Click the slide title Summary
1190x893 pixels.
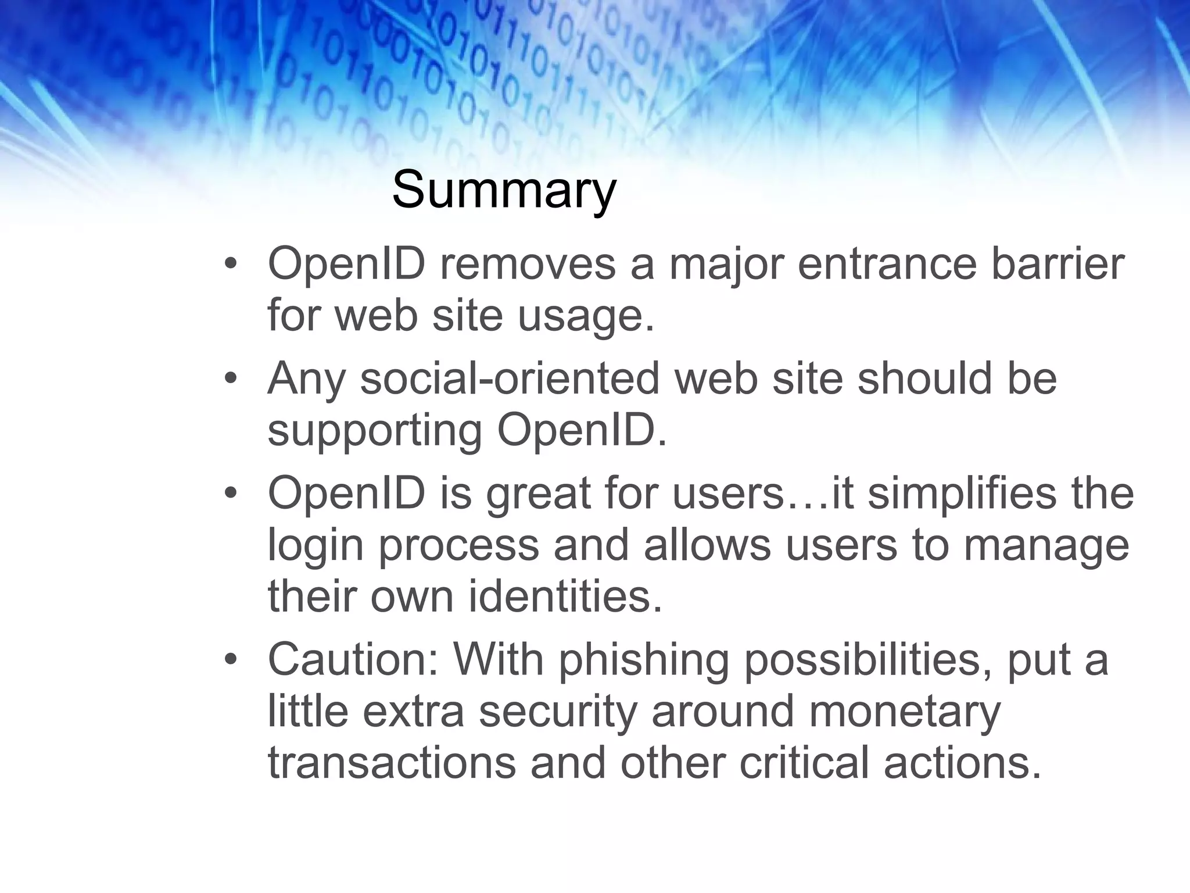point(503,190)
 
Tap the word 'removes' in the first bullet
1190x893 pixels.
point(527,264)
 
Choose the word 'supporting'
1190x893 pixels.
point(375,431)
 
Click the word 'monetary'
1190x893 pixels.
point(904,713)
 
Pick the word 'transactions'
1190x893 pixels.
point(392,763)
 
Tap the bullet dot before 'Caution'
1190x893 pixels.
point(231,661)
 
